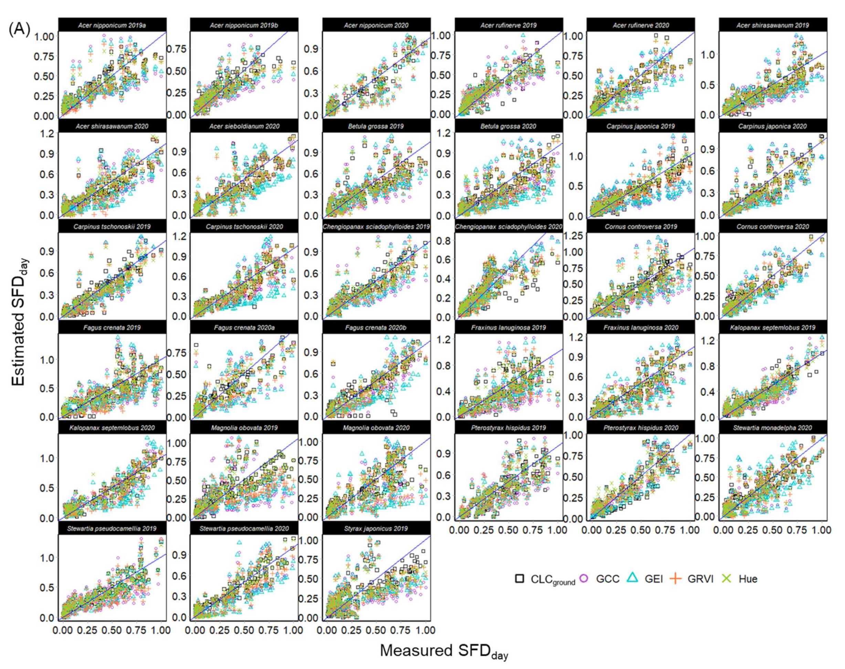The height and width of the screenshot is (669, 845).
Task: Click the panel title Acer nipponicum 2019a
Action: click(x=112, y=25)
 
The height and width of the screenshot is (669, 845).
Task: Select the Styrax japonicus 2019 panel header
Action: click(x=376, y=528)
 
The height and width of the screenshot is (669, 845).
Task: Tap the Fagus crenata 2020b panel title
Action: click(x=376, y=327)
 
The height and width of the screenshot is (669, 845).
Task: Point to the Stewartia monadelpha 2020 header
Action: click(x=772, y=428)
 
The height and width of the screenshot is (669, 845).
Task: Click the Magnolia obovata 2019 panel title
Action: click(x=244, y=428)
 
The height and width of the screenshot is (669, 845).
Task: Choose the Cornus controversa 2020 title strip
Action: click(x=772, y=227)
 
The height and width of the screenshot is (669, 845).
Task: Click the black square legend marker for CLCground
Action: click(x=520, y=579)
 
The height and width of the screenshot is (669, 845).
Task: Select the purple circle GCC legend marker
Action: click(x=584, y=578)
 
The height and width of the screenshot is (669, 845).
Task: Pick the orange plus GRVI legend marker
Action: click(x=675, y=578)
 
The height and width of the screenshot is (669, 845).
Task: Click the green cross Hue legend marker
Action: click(x=727, y=578)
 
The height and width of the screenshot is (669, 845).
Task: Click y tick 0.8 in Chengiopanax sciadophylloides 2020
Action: click(x=444, y=240)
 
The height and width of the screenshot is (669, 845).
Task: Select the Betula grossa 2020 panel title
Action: click(x=508, y=126)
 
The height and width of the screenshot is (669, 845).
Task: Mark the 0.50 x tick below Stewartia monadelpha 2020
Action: click(x=772, y=530)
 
